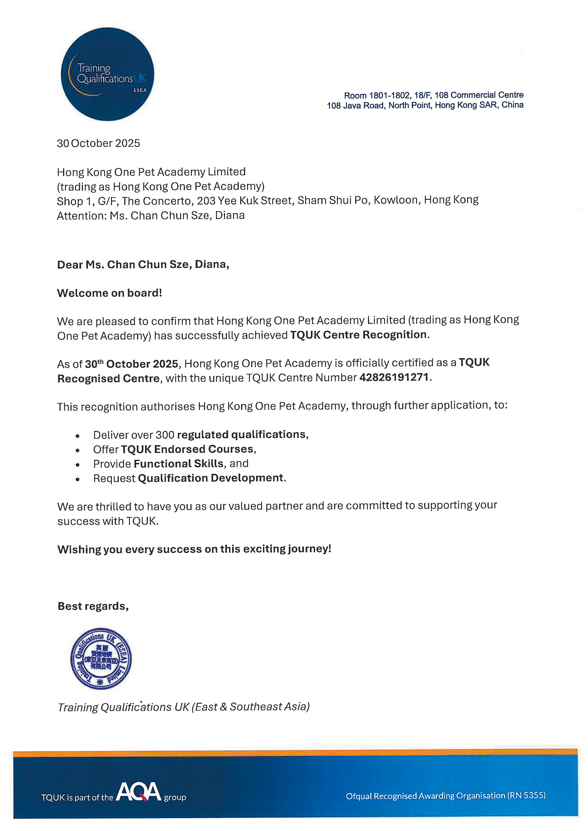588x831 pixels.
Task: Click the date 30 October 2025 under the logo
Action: click(x=98, y=143)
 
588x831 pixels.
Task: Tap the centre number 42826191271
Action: click(x=394, y=378)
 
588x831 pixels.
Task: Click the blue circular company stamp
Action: click(x=101, y=658)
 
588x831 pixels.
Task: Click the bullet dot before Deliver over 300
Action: click(x=78, y=436)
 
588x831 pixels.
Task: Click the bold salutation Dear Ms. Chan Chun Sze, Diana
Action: click(x=143, y=265)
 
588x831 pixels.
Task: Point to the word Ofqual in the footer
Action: click(x=358, y=796)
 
